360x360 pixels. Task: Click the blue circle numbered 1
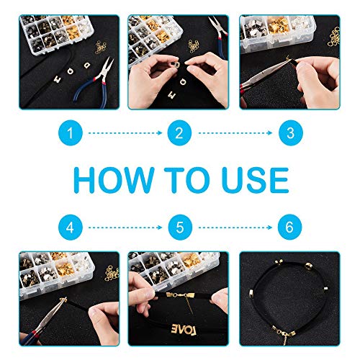coord(71,132)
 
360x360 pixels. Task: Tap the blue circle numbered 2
coord(179,132)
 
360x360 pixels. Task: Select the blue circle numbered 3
coord(291,132)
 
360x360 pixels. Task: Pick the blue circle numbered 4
coord(71,227)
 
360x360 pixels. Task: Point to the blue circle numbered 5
coord(180,227)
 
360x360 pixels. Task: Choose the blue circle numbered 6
coord(290,227)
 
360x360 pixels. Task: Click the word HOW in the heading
coord(114,180)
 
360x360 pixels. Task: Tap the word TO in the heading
coord(186,180)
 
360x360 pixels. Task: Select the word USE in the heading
coord(255,180)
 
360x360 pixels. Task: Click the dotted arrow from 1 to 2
coord(125,133)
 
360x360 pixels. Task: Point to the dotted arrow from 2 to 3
coord(235,133)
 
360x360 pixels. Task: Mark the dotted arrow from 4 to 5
coord(125,228)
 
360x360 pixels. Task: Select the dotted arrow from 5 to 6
coord(235,228)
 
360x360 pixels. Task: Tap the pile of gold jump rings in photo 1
coord(101,47)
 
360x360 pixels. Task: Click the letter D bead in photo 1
coord(86,65)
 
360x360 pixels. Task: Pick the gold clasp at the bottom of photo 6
coord(284,333)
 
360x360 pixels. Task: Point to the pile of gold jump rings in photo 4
coord(112,273)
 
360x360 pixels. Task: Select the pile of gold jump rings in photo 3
coord(334,37)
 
